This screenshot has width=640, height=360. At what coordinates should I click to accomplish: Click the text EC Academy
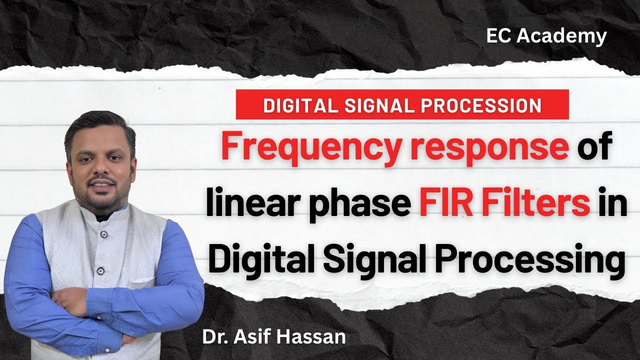click(x=546, y=36)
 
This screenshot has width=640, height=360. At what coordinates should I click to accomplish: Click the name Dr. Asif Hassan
click(x=273, y=336)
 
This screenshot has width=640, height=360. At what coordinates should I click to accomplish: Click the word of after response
click(x=595, y=148)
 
